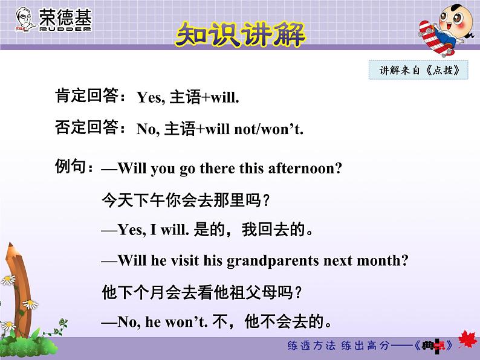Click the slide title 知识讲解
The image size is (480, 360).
(x=240, y=34)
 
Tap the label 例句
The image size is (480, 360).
(x=74, y=166)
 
